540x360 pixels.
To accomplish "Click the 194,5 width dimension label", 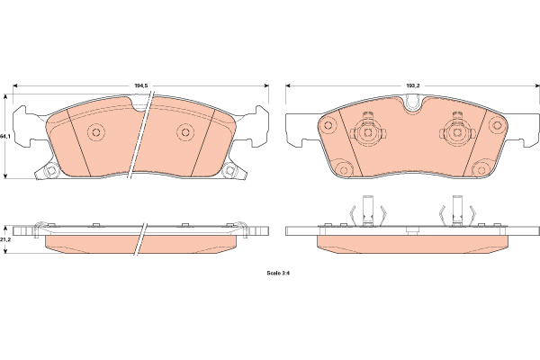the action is click(x=141, y=85).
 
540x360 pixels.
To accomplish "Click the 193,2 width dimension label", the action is click(x=413, y=85).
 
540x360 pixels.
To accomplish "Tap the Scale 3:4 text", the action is click(x=279, y=273).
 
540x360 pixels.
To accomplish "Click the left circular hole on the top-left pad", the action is click(x=96, y=132).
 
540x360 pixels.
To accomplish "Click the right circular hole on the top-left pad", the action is click(x=185, y=132).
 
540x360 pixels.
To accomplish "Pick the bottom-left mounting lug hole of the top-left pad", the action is click(x=51, y=169).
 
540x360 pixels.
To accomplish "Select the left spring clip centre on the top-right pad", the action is click(x=368, y=132).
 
